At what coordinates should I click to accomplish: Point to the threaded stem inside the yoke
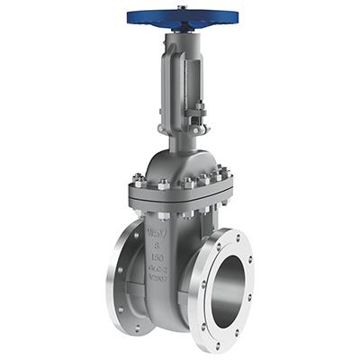click(x=185, y=85)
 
